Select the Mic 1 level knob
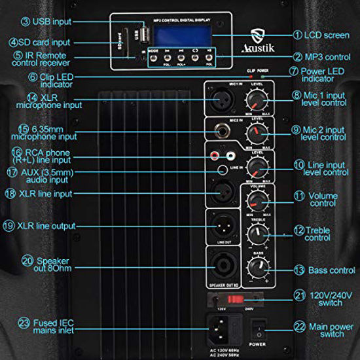[256, 99]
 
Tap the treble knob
[256, 233]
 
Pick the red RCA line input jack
[215, 156]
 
